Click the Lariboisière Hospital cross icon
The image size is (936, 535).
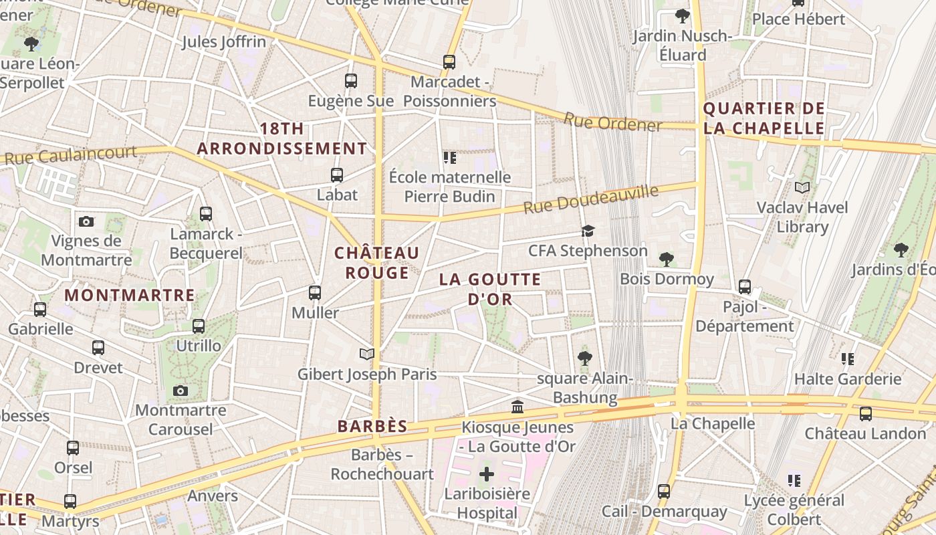point(487,474)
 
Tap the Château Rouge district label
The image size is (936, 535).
point(376,263)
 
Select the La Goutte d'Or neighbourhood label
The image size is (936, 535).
point(490,289)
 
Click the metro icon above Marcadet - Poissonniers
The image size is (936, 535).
point(449,62)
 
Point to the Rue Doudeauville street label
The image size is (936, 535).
point(590,199)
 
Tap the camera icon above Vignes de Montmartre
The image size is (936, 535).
point(86,221)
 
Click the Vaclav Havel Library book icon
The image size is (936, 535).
point(802,188)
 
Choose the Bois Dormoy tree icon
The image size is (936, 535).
point(666,259)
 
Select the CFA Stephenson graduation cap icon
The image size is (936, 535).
point(588,231)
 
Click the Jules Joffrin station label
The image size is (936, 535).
point(224,41)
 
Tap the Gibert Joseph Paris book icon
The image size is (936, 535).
point(367,354)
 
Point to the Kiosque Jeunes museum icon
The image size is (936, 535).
point(517,407)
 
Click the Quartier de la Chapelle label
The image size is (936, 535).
point(764,118)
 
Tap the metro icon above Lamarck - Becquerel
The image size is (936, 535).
point(206,214)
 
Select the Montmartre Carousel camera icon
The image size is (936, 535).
point(180,391)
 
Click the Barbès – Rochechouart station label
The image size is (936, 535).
point(382,464)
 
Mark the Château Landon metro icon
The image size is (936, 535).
point(866,413)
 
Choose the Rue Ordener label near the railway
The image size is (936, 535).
point(612,122)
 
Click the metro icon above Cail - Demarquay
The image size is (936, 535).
point(664,491)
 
